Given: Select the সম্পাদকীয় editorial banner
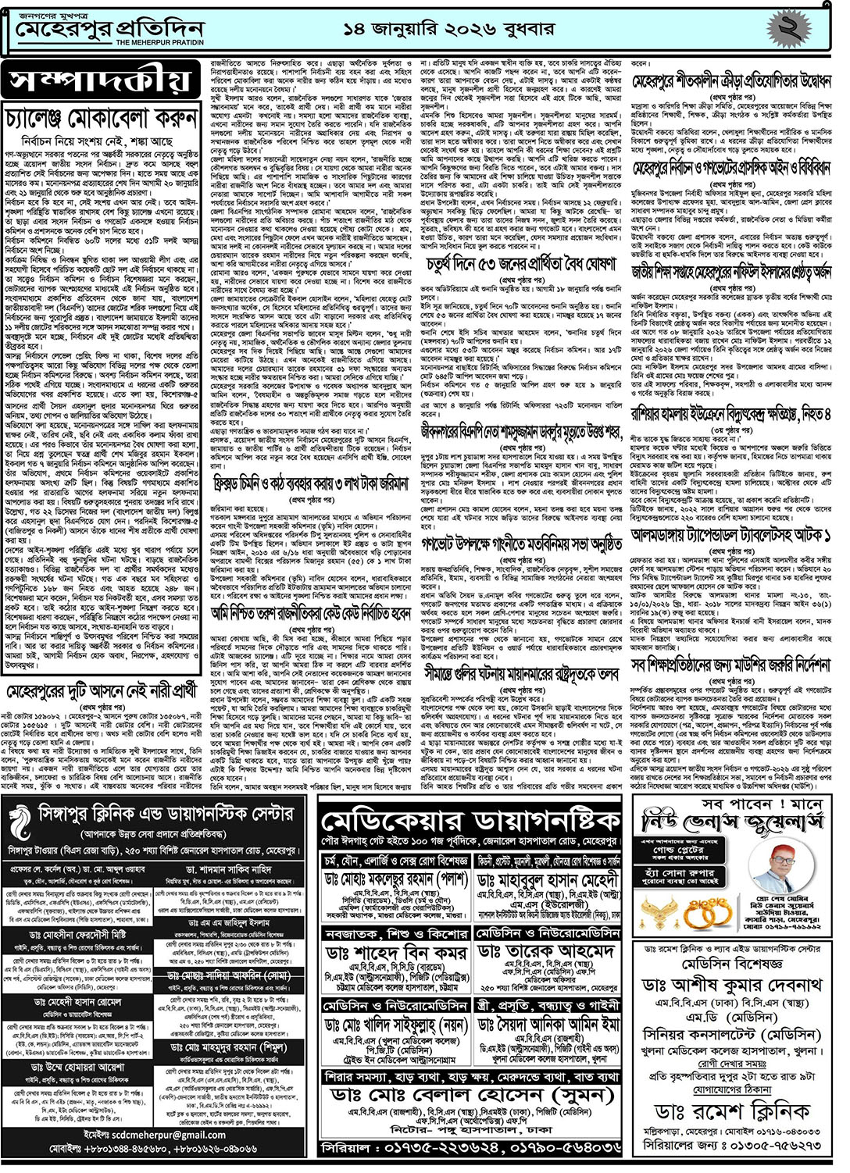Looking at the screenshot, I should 101,81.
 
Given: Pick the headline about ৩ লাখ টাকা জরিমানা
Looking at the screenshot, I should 312,485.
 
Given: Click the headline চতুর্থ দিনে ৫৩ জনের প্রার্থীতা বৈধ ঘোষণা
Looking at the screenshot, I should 523,266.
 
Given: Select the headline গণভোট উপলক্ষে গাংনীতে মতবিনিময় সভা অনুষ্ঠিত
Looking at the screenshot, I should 523,521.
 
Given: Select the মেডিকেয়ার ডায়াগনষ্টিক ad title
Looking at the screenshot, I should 471,822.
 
